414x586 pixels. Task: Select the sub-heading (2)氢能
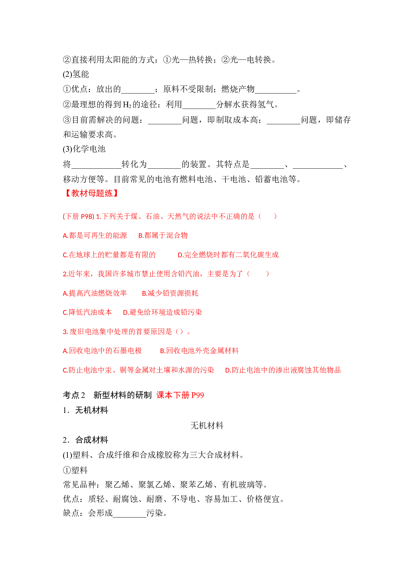(76, 74)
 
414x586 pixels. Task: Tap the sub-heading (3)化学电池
(84, 149)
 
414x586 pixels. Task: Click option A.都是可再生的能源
(95, 236)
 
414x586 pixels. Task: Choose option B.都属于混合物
(163, 236)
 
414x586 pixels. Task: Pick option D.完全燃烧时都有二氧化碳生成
(228, 255)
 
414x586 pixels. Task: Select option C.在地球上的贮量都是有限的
(109, 255)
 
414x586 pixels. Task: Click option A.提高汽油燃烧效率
(95, 293)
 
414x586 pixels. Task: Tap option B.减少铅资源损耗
(170, 293)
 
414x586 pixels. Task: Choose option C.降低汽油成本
(87, 312)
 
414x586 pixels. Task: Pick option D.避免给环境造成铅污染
(163, 312)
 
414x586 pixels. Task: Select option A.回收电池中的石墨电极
(102, 351)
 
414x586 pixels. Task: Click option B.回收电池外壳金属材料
(199, 351)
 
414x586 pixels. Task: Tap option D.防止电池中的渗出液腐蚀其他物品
(283, 370)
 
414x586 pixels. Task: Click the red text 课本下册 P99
(180, 395)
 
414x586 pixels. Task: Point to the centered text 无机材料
(207, 426)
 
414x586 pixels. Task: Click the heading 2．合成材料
(85, 440)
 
